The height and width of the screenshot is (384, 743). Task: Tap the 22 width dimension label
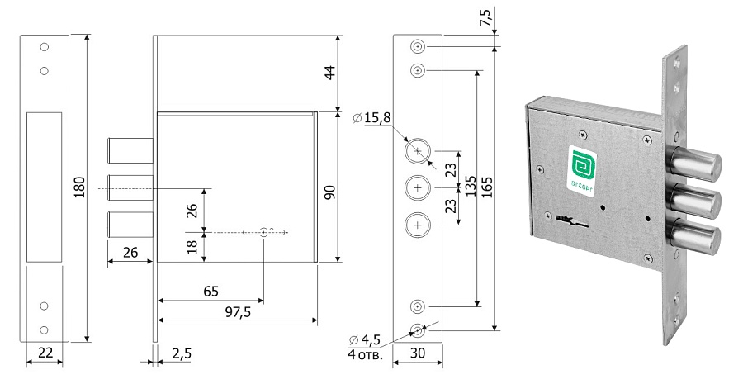(x=45, y=353)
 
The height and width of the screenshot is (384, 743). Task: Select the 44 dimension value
(x=329, y=73)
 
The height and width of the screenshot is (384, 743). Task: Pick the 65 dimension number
(x=211, y=291)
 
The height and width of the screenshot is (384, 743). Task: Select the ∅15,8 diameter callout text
(x=371, y=119)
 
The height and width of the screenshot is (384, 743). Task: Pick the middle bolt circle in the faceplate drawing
(x=417, y=187)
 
